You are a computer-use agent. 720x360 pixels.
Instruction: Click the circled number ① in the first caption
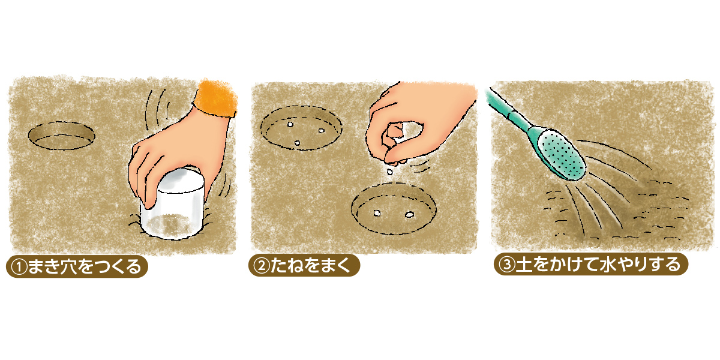pos(19,267)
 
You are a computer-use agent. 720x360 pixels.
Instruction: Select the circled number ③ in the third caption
pos(507,265)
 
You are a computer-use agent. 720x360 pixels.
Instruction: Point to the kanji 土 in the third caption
pos(524,265)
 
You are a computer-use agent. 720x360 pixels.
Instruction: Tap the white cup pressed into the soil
pos(172,205)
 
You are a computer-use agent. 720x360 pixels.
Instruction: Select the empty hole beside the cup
pos(61,136)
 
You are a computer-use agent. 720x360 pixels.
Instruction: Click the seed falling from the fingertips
pos(390,172)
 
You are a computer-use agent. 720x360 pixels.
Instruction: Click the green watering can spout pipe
pos(511,111)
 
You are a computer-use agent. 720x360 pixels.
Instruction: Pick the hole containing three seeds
pos(301,128)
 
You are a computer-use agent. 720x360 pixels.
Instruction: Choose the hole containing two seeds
pos(394,208)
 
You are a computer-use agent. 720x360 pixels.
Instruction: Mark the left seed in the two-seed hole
pos(377,213)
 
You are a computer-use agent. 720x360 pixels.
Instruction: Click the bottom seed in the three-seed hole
pos(297,143)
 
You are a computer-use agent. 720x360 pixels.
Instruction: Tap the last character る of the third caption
pos(673,265)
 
